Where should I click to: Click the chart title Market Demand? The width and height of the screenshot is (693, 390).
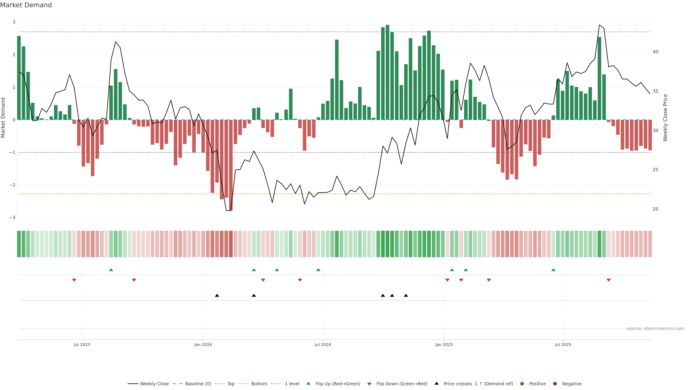[x=26, y=5]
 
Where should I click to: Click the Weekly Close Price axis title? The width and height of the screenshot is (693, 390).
[x=665, y=118]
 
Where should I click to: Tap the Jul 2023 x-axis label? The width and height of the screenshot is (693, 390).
[x=82, y=344]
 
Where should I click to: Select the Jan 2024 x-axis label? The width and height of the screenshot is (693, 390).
[x=203, y=344]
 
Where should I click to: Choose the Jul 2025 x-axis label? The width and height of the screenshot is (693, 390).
[x=563, y=344]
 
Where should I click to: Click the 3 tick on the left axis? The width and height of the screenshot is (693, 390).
[x=14, y=22]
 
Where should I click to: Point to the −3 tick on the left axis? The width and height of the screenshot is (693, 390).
[x=12, y=217]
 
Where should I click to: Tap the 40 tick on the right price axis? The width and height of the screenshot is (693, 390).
[x=655, y=52]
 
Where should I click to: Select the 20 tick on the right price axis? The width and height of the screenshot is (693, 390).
[x=655, y=209]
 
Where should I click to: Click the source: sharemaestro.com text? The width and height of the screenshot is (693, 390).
[x=655, y=329]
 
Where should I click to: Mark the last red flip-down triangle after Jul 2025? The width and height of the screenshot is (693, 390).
[x=609, y=280]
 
